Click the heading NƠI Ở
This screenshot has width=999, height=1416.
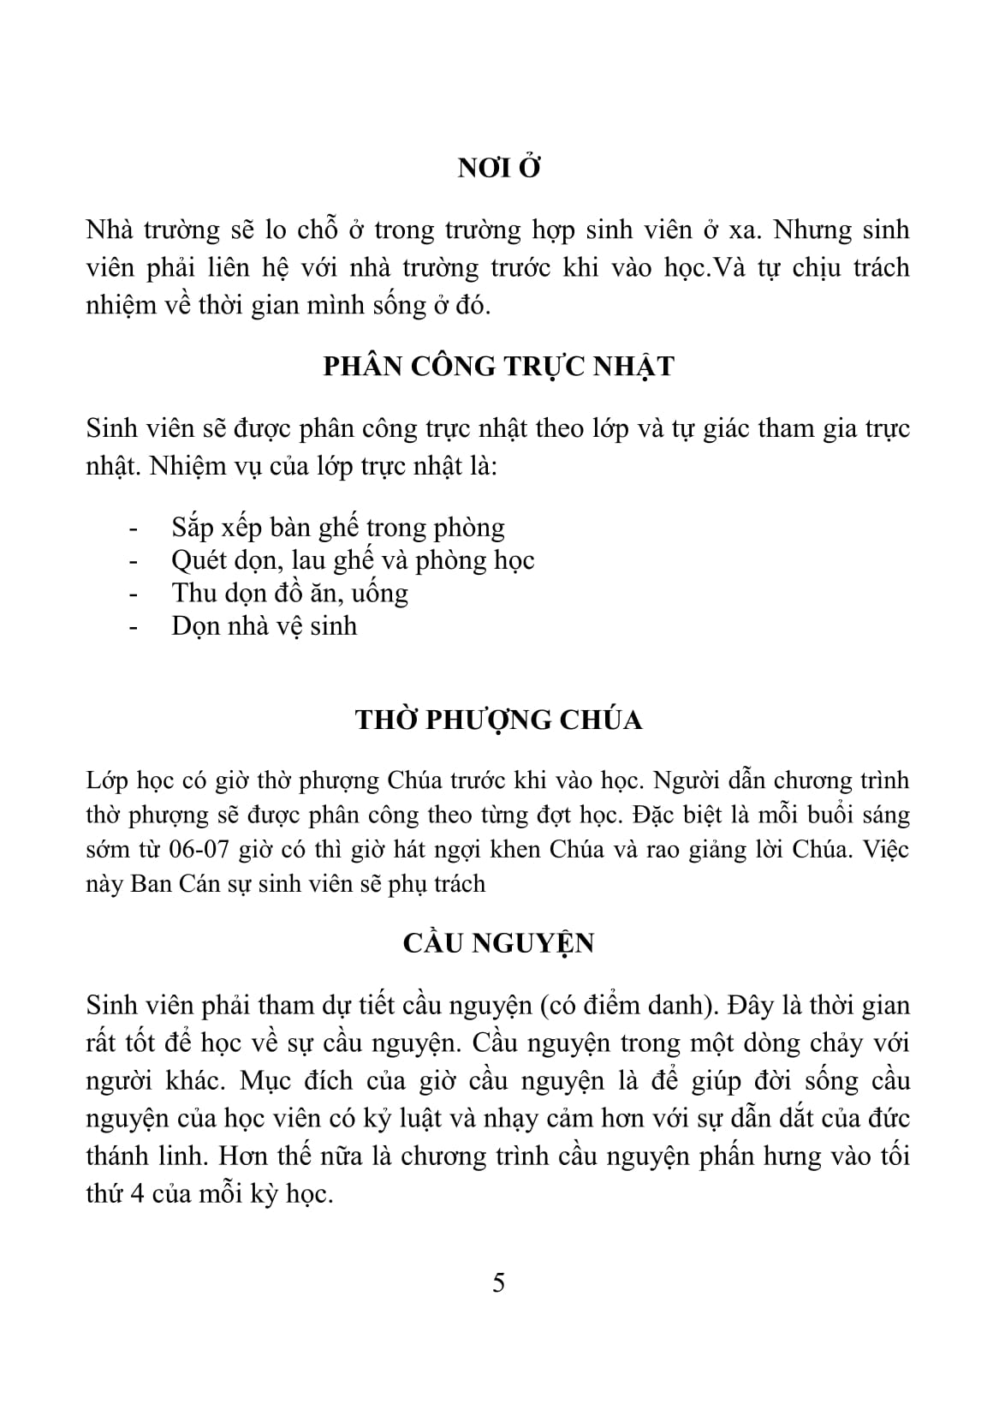499,168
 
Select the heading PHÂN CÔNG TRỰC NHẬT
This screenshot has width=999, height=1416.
499,367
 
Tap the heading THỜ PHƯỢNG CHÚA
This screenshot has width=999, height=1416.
499,720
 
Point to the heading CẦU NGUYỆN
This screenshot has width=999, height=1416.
499,943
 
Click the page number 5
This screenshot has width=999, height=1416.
499,1283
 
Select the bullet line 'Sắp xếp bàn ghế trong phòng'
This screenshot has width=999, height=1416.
338,527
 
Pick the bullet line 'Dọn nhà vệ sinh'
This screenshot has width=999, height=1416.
264,626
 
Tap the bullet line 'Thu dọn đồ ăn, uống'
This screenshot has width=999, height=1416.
289,593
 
